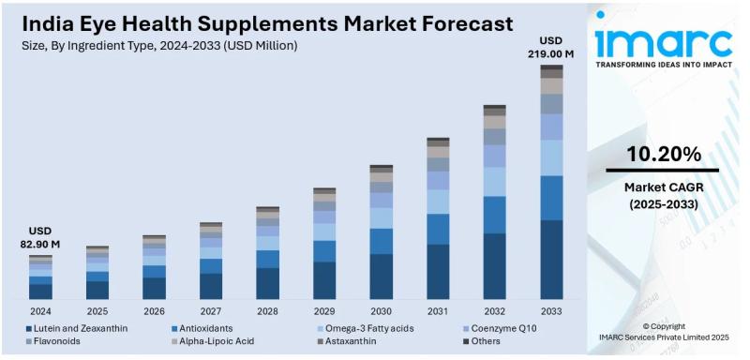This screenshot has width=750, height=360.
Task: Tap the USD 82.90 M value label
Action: [40, 237]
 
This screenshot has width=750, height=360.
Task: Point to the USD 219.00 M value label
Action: [551, 48]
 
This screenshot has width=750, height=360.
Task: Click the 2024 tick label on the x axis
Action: [40, 310]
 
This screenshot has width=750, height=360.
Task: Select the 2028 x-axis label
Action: [267, 310]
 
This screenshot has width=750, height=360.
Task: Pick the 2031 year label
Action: [438, 310]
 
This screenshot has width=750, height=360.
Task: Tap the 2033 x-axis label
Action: [551, 310]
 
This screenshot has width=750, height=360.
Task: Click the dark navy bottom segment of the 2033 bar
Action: [551, 260]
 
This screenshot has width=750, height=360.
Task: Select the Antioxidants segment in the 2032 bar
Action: [494, 215]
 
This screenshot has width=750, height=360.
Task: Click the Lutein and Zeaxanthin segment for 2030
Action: [381, 276]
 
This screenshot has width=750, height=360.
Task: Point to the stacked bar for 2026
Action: [154, 267]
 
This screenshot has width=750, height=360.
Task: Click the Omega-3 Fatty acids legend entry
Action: [368, 328]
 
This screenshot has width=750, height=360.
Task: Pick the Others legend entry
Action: [485, 341]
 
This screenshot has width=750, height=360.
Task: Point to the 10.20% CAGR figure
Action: [663, 154]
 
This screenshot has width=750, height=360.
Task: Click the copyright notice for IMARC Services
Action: [663, 332]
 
